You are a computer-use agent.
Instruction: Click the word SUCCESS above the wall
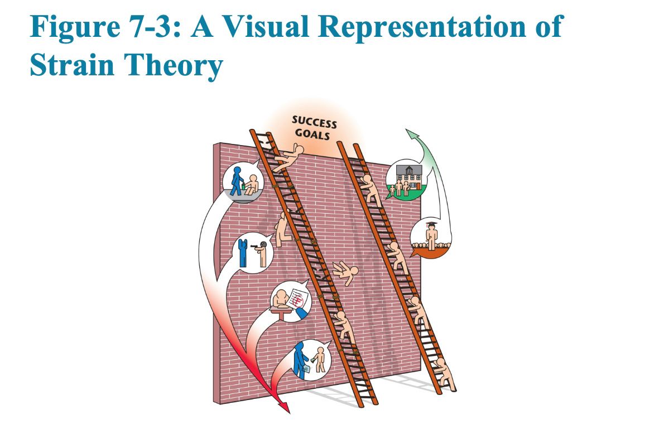(x=314, y=123)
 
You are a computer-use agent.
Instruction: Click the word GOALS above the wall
(x=312, y=134)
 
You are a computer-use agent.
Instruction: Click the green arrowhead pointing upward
(x=412, y=135)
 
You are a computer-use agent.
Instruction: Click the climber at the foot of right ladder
(x=445, y=373)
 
